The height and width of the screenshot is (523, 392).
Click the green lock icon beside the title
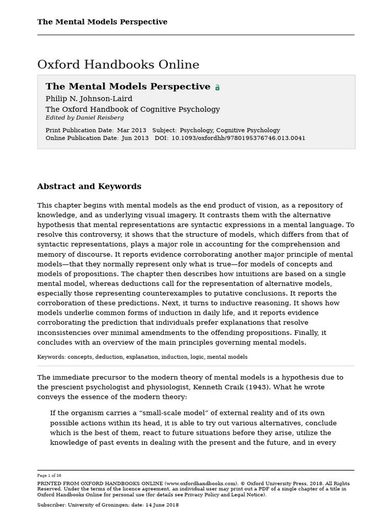point(217,87)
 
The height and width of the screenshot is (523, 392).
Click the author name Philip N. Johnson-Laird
point(89,99)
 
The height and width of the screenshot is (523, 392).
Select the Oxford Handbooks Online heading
point(118,65)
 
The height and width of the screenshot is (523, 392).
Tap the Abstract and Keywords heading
point(89,186)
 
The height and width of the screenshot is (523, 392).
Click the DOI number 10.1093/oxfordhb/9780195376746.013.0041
point(238,138)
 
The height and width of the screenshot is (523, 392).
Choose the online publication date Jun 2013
point(135,138)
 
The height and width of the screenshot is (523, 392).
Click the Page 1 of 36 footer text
point(49,476)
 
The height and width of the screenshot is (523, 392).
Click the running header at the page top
point(102,22)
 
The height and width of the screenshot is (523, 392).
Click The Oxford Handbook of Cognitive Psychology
point(133,109)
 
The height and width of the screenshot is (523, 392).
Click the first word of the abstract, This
point(44,205)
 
